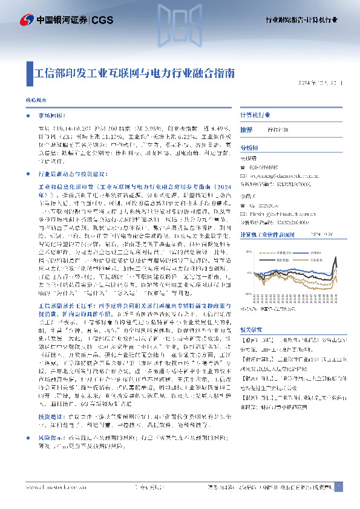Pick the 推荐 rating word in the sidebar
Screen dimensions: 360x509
(x=230, y=130)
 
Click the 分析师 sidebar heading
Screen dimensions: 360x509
(x=232, y=148)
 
